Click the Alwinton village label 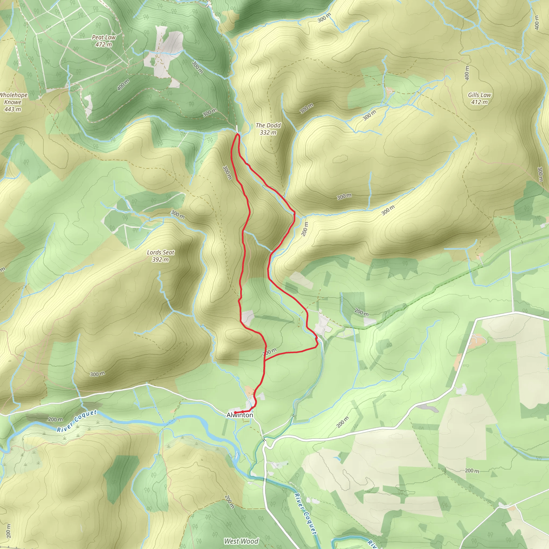tap(240, 415)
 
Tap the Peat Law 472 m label tap(104, 41)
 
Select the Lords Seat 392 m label tap(161, 256)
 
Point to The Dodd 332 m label tap(268, 129)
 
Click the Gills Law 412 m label tap(480, 98)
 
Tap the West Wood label tap(241, 541)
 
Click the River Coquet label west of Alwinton tap(77, 421)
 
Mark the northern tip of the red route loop tap(237, 135)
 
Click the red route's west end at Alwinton tap(235, 412)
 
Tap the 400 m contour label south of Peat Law tap(123, 85)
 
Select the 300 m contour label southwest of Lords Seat tap(98, 374)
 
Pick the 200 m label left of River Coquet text tap(55, 420)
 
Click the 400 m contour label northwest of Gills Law tap(467, 73)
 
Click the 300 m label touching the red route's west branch tap(227, 172)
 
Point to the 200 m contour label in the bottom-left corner tap(9, 531)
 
